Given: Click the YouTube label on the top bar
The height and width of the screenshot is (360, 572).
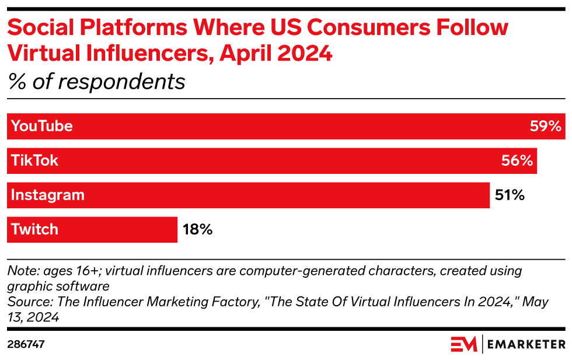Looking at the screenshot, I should click(41, 126).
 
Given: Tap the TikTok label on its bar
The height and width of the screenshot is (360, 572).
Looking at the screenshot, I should click(34, 160).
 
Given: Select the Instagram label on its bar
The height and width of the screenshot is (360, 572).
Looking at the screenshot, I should click(48, 195).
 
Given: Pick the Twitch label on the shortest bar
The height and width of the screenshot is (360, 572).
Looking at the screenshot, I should click(35, 229).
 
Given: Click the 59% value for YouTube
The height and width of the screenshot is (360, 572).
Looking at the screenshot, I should click(545, 126).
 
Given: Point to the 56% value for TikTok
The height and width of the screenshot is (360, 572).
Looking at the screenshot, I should click(517, 160).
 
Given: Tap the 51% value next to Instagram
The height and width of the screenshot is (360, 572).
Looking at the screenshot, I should click(510, 195).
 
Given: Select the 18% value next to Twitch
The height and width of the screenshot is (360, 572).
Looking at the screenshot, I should click(197, 229).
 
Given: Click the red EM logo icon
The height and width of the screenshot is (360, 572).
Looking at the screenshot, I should click(463, 344).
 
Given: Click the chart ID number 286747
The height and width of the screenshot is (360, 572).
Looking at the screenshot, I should click(26, 344).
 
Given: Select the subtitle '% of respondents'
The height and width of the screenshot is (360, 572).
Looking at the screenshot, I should click(96, 82).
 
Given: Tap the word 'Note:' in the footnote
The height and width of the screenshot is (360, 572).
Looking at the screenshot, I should click(22, 271).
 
